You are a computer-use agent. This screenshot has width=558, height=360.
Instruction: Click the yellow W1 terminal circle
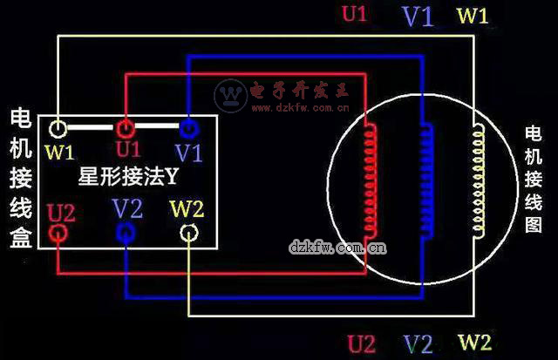58,129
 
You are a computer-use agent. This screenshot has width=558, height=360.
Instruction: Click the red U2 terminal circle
58,233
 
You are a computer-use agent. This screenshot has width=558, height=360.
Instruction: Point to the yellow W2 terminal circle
189,233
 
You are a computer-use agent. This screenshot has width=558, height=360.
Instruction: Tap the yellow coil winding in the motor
478,180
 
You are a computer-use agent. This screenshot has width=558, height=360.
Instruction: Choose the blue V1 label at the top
418,17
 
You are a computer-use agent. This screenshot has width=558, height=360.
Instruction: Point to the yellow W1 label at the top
473,16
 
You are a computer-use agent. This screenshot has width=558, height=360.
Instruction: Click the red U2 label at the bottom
362,343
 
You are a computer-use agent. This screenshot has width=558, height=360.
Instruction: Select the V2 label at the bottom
418,343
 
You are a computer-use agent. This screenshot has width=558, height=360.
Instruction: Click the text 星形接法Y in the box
127,178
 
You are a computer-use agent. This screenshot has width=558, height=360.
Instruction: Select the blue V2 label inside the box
128,209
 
